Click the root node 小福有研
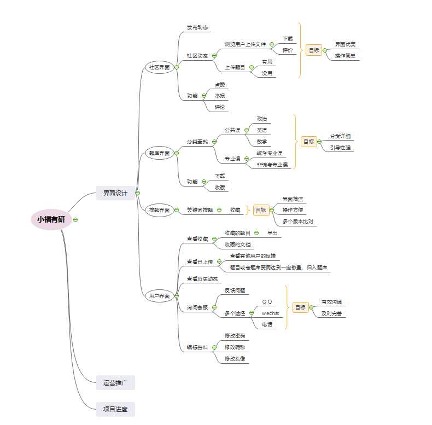[x=51, y=219]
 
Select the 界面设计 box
[x=115, y=193]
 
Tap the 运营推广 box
[x=115, y=382]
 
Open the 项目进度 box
[x=115, y=409]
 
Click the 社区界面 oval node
[x=159, y=67]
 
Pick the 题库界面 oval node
[x=159, y=153]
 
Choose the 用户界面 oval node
[x=159, y=296]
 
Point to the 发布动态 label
[x=197, y=27]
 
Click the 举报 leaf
[x=220, y=96]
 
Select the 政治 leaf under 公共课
[x=262, y=119]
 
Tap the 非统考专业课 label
[x=273, y=165]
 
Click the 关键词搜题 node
[x=200, y=209]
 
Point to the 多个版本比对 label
[x=299, y=222]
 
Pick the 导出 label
[x=272, y=233]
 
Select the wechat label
[x=270, y=313]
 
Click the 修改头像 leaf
[x=235, y=359]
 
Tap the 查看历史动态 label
[x=202, y=279]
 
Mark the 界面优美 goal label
[x=345, y=44]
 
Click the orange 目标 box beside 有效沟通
[x=300, y=307]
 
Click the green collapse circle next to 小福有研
[x=75, y=219]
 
